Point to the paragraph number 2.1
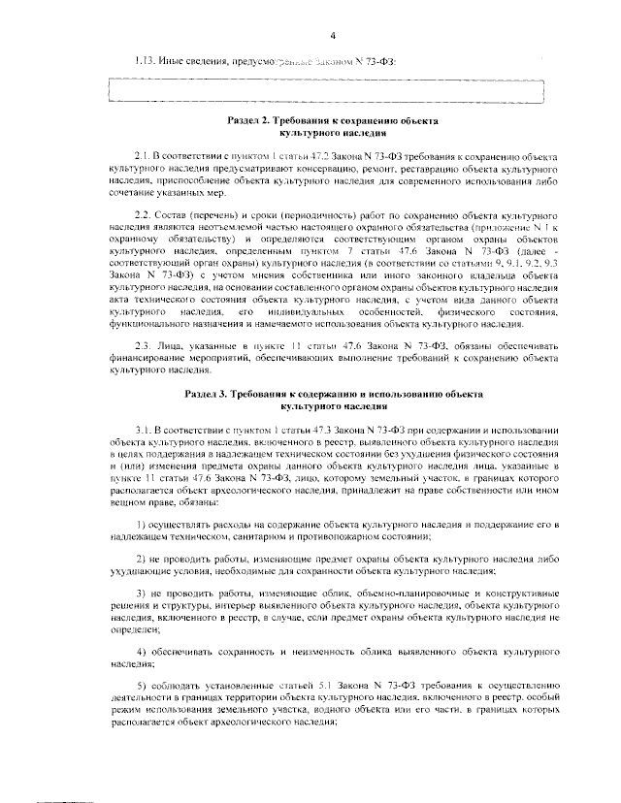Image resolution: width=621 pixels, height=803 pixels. pos(145,155)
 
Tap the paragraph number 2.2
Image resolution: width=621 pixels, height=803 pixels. pos(145,211)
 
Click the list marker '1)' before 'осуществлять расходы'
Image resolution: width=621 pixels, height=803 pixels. pos(142,525)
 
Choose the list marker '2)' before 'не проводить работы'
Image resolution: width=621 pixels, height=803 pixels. pos(142,561)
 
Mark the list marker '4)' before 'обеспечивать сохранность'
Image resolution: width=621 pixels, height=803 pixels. pos(142,649)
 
